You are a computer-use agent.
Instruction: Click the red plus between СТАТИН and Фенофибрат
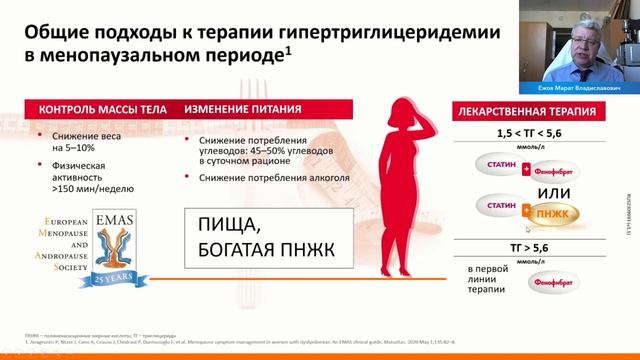pyautogui.click(x=525, y=169)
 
